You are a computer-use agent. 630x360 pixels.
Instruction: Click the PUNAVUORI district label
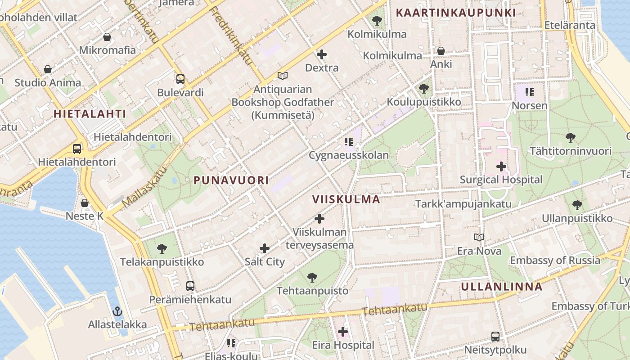(x=231, y=180)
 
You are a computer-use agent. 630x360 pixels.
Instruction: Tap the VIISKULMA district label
(x=346, y=199)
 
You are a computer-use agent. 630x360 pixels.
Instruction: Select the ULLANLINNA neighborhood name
(x=501, y=287)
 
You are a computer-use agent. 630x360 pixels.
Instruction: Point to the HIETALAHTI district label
(x=90, y=113)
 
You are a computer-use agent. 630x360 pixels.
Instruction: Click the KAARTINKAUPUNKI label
(x=455, y=13)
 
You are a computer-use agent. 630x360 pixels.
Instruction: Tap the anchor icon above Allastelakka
(x=117, y=311)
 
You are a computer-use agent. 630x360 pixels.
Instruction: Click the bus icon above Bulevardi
(x=180, y=79)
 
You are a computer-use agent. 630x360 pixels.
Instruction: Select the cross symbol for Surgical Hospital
(x=501, y=166)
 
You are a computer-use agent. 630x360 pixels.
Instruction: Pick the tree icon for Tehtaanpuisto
(x=312, y=277)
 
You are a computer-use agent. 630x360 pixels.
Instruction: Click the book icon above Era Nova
(x=479, y=237)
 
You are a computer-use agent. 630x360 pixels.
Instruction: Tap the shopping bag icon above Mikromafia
(x=107, y=36)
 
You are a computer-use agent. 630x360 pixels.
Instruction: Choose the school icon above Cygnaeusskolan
(x=348, y=142)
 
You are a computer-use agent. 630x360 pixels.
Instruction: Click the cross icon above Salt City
(x=265, y=248)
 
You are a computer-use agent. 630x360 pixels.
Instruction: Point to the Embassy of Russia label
(x=555, y=260)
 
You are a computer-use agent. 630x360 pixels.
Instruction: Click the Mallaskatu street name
(x=144, y=187)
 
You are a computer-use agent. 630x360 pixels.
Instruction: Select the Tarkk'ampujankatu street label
(x=463, y=204)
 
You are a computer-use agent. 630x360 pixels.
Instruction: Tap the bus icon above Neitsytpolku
(x=495, y=336)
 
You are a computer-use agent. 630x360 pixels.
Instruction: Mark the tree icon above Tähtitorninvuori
(x=570, y=137)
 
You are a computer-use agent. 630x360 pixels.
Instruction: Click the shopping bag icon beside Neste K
(x=85, y=202)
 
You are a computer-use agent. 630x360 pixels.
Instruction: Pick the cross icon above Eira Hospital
(x=343, y=332)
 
